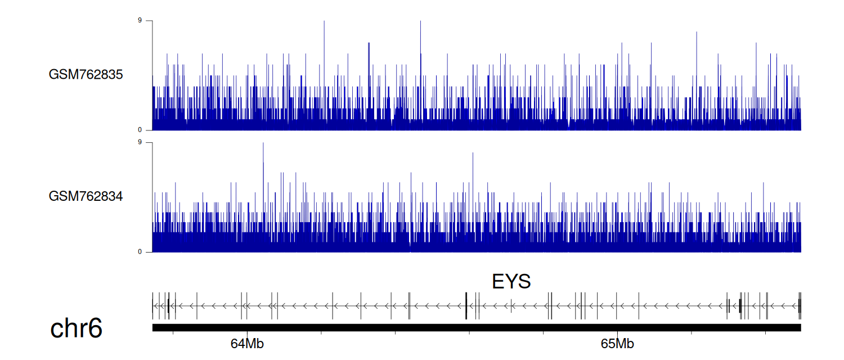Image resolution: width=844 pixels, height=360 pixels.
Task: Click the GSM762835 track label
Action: click(x=86, y=75)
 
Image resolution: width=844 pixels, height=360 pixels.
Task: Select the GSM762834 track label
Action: click(x=86, y=196)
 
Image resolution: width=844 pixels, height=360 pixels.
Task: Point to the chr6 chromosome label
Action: click(x=76, y=328)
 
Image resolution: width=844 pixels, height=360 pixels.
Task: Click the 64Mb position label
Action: click(x=247, y=344)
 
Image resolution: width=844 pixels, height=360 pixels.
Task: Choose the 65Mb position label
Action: click(x=617, y=344)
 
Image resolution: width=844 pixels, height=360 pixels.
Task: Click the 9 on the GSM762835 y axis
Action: click(x=140, y=20)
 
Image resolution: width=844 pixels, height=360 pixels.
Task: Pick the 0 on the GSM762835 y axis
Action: click(x=140, y=130)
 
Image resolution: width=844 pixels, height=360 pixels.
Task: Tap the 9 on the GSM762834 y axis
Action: click(x=140, y=142)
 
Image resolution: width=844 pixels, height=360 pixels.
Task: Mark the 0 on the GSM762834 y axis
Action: click(x=140, y=252)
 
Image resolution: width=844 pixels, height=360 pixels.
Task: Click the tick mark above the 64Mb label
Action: click(x=247, y=333)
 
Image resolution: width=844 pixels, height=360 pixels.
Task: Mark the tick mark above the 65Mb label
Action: click(x=617, y=333)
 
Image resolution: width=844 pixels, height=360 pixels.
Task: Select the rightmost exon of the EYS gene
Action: click(x=800, y=306)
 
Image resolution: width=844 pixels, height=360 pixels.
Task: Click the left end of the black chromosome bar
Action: click(x=152, y=327)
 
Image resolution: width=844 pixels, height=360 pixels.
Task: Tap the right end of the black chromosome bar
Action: click(x=801, y=327)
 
